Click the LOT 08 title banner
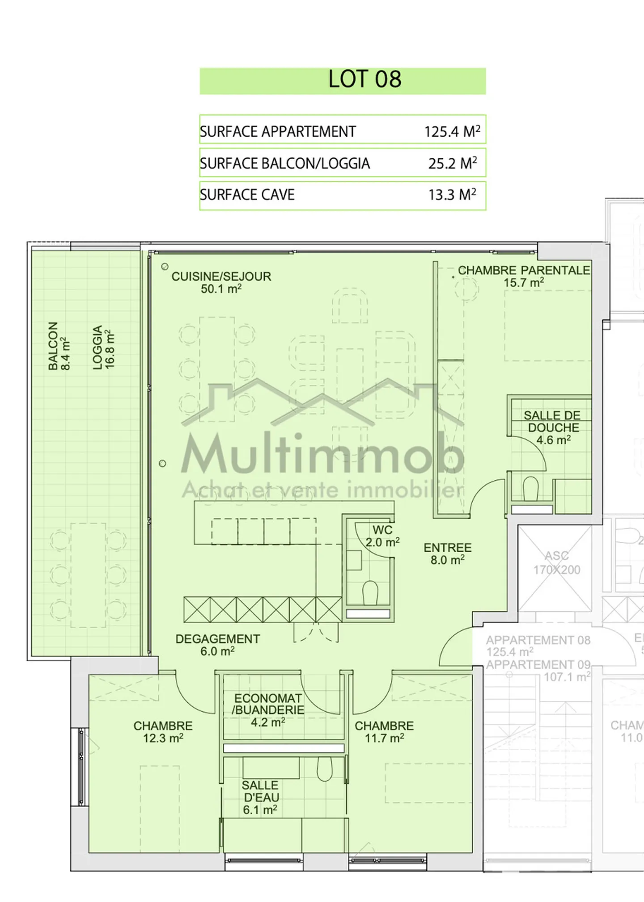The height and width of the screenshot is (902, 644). click(x=343, y=80)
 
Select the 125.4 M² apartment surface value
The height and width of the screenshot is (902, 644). click(x=452, y=131)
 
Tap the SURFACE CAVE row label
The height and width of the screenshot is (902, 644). click(x=247, y=195)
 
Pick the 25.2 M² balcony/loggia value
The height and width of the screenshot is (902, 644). click(x=452, y=164)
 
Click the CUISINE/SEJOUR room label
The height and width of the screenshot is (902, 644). click(x=221, y=282)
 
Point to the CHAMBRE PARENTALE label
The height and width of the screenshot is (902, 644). click(x=524, y=276)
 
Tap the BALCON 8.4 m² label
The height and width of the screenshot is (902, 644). click(x=59, y=346)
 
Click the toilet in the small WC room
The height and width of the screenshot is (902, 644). click(x=369, y=592)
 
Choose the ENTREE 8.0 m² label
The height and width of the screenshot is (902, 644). click(x=447, y=554)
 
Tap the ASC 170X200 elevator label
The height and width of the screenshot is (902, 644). click(x=556, y=562)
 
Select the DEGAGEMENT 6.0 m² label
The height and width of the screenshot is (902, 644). click(x=217, y=645)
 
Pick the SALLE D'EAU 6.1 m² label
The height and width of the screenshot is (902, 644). click(x=260, y=797)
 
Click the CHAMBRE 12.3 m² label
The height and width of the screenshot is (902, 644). click(x=163, y=732)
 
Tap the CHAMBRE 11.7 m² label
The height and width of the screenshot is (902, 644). click(x=384, y=732)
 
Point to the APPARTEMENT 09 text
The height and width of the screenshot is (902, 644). click(x=538, y=665)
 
